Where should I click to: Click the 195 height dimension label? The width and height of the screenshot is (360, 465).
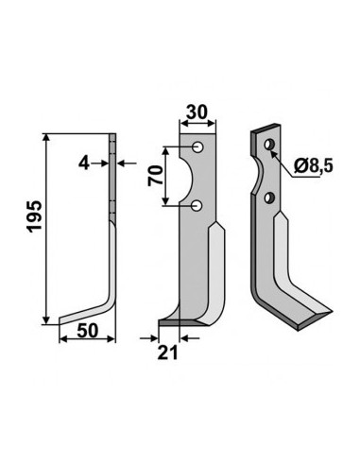pyautogui.click(x=34, y=216)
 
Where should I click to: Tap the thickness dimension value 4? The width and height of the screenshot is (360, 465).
pyautogui.click(x=84, y=164)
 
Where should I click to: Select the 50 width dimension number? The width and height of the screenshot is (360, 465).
pyautogui.click(x=88, y=331)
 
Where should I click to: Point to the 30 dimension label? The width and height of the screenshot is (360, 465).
pyautogui.click(x=197, y=112)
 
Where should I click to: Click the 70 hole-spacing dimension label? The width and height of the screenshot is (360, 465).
pyautogui.click(x=156, y=176)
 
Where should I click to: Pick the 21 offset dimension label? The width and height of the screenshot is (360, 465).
pyautogui.click(x=167, y=353)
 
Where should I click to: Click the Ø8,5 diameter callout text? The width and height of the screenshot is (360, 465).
pyautogui.click(x=314, y=166)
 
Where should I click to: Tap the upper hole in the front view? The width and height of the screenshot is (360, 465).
pyautogui.click(x=197, y=147)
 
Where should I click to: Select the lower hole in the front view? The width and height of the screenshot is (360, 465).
pyautogui.click(x=197, y=206)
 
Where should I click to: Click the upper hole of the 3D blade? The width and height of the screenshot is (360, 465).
pyautogui.click(x=269, y=145)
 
